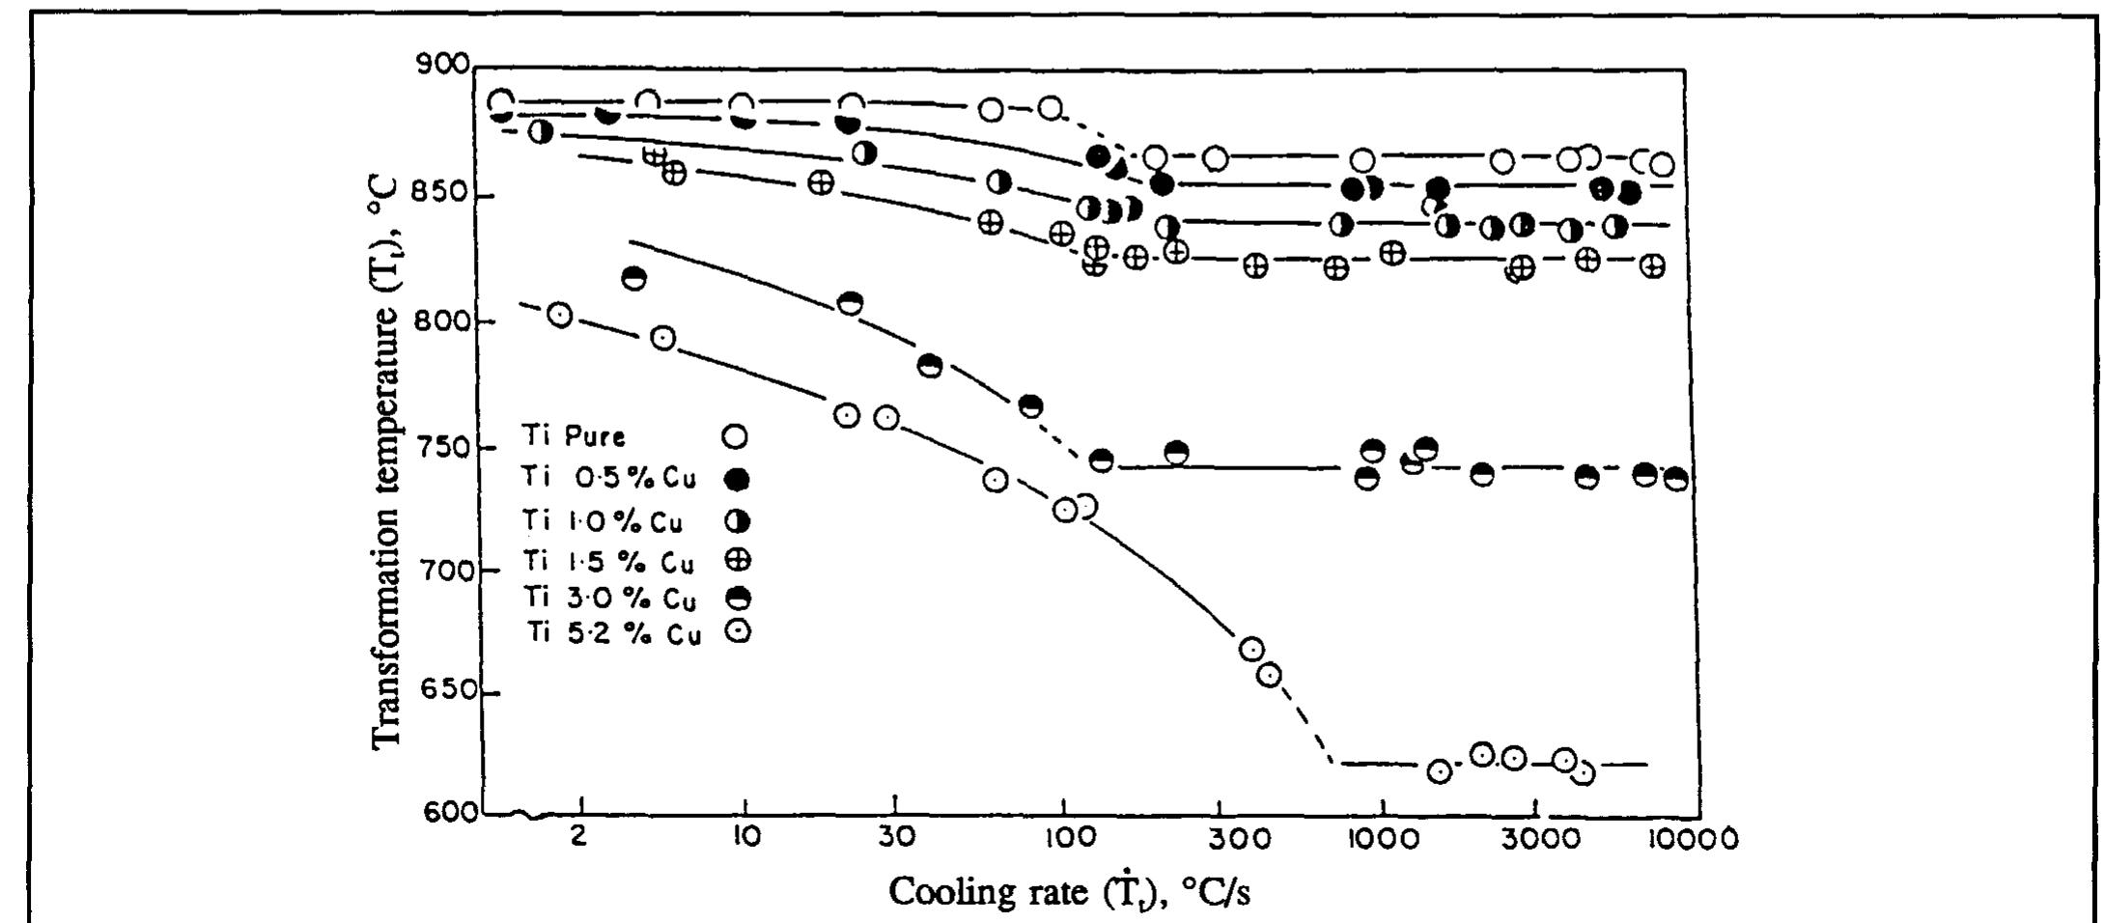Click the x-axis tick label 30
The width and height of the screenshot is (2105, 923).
895,836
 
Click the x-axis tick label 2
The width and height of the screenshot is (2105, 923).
577,836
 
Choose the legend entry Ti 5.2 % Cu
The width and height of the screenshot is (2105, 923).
613,633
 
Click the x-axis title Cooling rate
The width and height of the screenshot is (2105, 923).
1068,892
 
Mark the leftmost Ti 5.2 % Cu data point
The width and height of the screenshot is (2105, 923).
560,315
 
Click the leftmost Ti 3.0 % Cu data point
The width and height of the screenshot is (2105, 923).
634,278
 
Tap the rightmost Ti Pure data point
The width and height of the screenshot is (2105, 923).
1662,164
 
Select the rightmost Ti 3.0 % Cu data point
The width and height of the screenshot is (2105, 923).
1677,479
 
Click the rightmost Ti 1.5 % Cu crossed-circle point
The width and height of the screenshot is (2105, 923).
1652,266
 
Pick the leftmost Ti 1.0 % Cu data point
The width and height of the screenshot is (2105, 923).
542,131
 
